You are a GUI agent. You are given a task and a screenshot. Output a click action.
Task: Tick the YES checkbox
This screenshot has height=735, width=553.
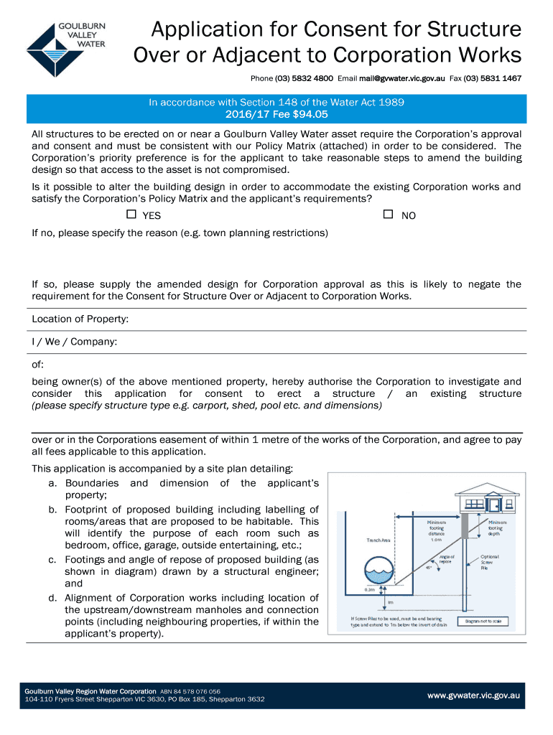[131, 215]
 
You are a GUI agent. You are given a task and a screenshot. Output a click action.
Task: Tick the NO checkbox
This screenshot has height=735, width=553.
[388, 215]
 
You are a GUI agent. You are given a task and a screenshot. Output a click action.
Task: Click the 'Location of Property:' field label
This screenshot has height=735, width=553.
[80, 319]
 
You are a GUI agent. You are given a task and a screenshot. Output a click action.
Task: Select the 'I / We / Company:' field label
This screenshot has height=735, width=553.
[74, 342]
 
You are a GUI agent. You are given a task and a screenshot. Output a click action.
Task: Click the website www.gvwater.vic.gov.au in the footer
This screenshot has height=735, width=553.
[473, 696]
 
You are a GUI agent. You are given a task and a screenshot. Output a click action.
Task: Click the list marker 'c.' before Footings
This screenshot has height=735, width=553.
[52, 559]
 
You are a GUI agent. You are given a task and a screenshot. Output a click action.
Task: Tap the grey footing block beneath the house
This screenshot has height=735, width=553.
[465, 526]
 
